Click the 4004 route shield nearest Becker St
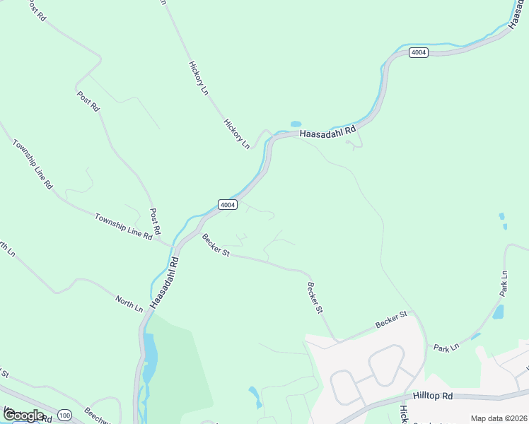pos(227,204)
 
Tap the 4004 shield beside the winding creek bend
pos(419,53)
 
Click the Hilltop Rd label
pos(433,397)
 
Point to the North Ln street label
pos(130,305)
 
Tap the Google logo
pos(23,415)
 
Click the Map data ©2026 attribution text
pos(499,418)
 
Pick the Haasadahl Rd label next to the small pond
pos(327,129)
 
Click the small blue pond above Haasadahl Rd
pos(296,124)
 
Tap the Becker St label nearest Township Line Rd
pos(216,245)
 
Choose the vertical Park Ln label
pos(504,283)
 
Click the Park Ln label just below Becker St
pos(446,347)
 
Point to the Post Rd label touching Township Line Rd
pos(155,221)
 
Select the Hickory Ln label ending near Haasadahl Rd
pos(237,134)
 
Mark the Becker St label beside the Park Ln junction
pos(393,319)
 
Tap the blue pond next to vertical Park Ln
pos(498,312)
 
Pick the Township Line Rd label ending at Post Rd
pos(124,227)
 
